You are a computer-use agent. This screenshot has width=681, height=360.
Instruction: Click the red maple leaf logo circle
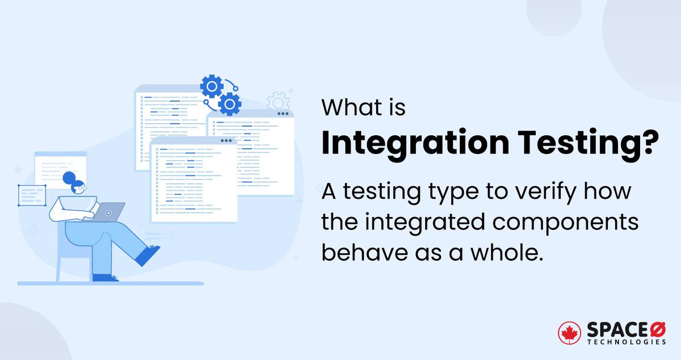(570, 334)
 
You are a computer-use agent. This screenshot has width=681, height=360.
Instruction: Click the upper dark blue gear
(211, 87)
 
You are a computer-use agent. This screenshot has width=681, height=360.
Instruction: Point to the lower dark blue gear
(229, 104)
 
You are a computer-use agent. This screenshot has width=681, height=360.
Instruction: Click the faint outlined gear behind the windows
(278, 102)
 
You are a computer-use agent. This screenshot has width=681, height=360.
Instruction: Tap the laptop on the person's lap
(108, 211)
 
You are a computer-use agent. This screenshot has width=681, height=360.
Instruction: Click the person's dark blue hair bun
(69, 177)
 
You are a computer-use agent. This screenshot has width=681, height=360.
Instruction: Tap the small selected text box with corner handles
(32, 195)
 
